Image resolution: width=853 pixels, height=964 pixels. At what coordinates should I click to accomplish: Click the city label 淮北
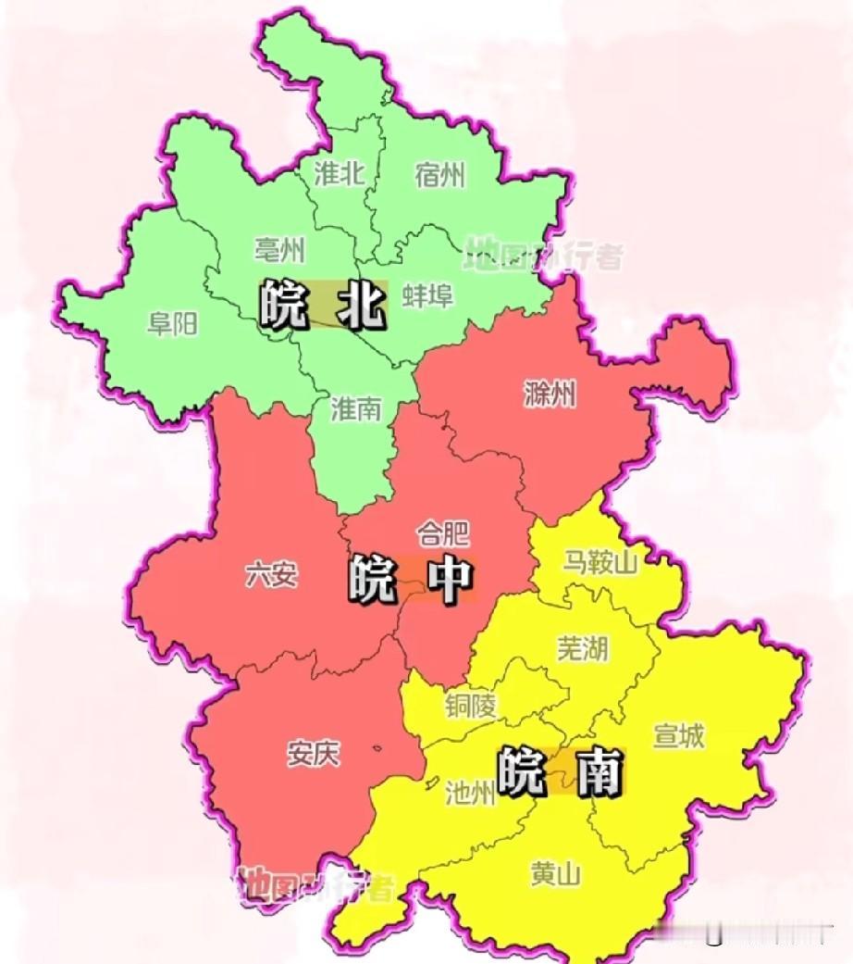tap(340, 174)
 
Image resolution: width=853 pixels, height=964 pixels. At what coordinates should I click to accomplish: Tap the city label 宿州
tap(440, 174)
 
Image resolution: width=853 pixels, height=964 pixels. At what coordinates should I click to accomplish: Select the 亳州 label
tap(279, 249)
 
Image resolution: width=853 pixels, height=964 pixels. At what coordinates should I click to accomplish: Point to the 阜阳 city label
tap(173, 323)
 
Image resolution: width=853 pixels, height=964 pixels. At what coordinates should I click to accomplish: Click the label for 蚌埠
tap(428, 295)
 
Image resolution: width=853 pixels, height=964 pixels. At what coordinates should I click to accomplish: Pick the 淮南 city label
tap(356, 408)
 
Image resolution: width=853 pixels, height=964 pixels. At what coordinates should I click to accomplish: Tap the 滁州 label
tap(550, 395)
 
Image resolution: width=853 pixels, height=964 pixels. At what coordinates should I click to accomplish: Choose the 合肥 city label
tap(443, 532)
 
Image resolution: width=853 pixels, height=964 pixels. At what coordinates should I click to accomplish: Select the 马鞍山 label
tap(600, 562)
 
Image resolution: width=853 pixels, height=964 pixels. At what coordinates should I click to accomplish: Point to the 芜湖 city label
tap(583, 648)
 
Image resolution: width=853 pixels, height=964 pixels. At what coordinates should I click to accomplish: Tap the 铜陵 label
tap(470, 706)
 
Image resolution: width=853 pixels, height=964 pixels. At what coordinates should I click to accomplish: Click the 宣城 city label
tap(679, 736)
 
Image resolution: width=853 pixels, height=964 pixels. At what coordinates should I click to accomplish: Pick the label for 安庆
tap(313, 754)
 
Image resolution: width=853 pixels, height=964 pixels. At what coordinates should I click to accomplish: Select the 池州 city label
tap(470, 794)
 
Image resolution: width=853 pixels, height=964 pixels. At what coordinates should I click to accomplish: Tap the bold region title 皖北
tap(321, 305)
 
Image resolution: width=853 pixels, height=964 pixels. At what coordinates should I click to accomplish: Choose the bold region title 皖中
tap(411, 579)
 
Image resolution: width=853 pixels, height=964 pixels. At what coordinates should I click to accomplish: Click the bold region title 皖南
tap(560, 771)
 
